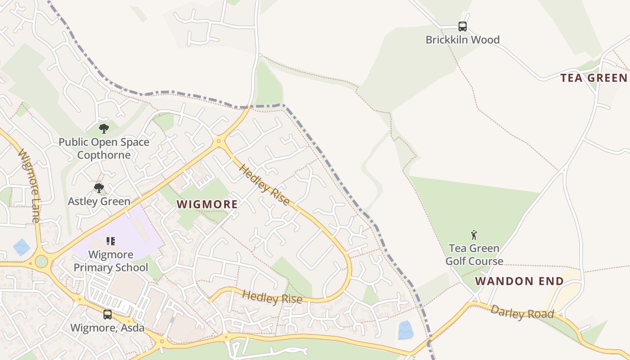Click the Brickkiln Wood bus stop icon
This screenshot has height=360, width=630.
coord(462,27)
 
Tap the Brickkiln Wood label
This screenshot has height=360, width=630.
coord(462,40)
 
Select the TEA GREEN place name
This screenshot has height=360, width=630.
coord(594,78)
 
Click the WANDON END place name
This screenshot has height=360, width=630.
coord(519,281)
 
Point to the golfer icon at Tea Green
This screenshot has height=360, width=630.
coord(474,234)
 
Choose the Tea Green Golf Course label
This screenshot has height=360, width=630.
coord(474,255)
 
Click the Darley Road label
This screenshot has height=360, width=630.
coord(522,312)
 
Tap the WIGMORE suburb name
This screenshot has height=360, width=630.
coord(207,204)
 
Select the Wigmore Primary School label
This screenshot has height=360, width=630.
coord(111,261)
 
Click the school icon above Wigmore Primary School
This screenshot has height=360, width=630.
coord(111,241)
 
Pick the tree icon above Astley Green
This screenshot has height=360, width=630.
coord(99,188)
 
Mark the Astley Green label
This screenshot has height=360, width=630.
coord(99,201)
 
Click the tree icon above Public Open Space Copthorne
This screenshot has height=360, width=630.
coord(104,129)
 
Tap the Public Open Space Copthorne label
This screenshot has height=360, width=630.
coord(104,148)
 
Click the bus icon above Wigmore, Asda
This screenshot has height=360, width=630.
coord(107,315)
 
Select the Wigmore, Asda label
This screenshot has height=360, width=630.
coord(108,328)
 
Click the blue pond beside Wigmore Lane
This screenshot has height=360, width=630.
coord(22,247)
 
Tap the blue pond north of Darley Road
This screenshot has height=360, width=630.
coord(405,330)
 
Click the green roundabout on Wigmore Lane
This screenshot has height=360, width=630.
coord(41,261)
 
